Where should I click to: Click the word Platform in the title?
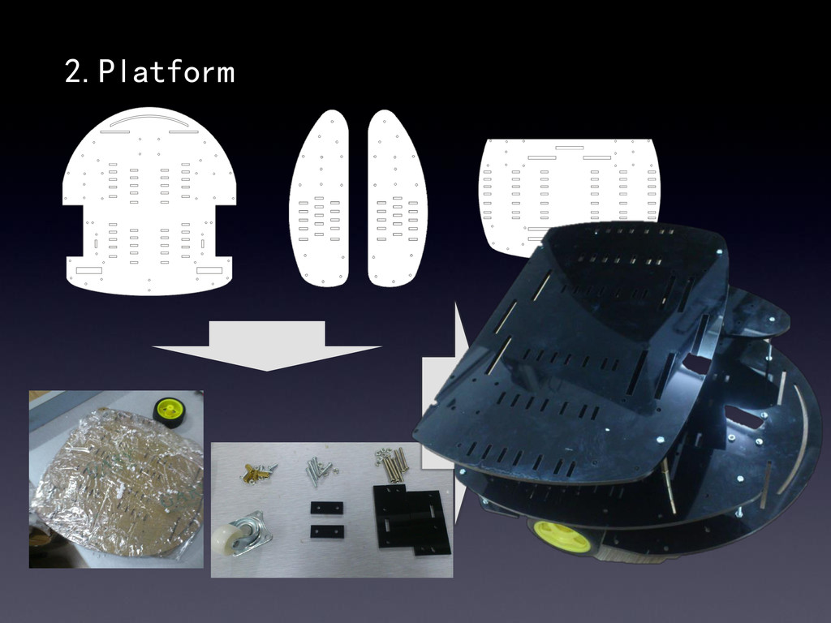pyautogui.click(x=166, y=71)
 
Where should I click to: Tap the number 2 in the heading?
pyautogui.click(x=72, y=71)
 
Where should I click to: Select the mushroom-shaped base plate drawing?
pyautogui.click(x=149, y=201)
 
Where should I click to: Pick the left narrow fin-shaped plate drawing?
pyautogui.click(x=319, y=199)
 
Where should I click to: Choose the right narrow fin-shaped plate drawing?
pyautogui.click(x=398, y=199)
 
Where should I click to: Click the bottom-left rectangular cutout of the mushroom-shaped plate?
pyautogui.click(x=89, y=270)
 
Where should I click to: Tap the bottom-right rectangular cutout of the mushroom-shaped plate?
pyautogui.click(x=209, y=270)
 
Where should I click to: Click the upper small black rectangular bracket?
pyautogui.click(x=326, y=508)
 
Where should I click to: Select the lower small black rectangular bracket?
pyautogui.click(x=327, y=531)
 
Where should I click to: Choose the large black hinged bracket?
pyautogui.click(x=411, y=519)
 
